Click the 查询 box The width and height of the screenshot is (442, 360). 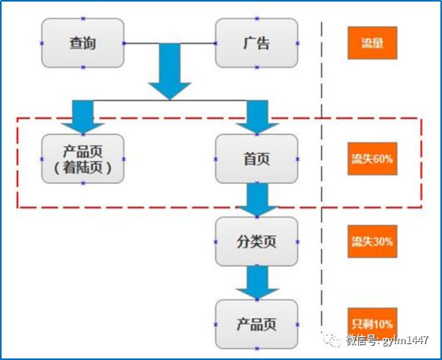(83, 43)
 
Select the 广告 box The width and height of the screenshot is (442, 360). (257, 43)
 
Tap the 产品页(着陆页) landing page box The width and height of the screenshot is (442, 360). (83, 158)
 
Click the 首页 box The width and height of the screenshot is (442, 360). (257, 158)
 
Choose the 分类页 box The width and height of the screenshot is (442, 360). (257, 241)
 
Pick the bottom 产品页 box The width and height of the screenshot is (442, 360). (257, 324)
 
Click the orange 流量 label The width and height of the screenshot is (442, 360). (372, 43)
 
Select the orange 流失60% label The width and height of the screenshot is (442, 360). (372, 158)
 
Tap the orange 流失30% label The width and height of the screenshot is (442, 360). (372, 241)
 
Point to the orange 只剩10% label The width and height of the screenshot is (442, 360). (372, 324)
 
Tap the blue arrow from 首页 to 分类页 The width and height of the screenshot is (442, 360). (257, 199)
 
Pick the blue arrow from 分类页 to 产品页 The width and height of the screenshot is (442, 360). (257, 282)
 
